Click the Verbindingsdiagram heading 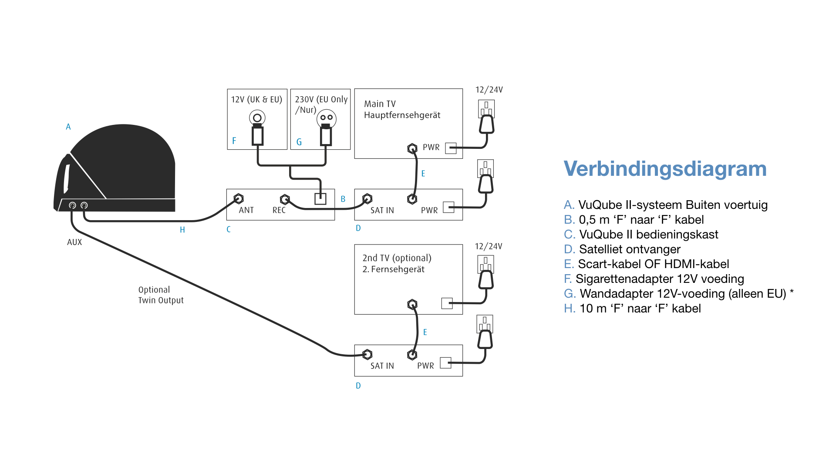point(665,169)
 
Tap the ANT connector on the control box point(238,199)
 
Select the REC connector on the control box point(285,199)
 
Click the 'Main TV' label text point(380,104)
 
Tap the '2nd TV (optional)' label point(397,258)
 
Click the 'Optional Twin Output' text point(161,295)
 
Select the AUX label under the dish point(74,242)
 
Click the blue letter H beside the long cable point(182,230)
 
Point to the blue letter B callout point(343,199)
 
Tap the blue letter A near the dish point(68,127)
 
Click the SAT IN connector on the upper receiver point(367,199)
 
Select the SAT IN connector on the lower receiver point(367,355)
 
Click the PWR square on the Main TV point(451,148)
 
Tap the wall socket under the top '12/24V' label point(486,108)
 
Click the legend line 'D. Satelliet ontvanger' point(622,249)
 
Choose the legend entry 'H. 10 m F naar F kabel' point(632,309)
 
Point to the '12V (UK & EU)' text point(256,100)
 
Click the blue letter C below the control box point(229,229)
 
